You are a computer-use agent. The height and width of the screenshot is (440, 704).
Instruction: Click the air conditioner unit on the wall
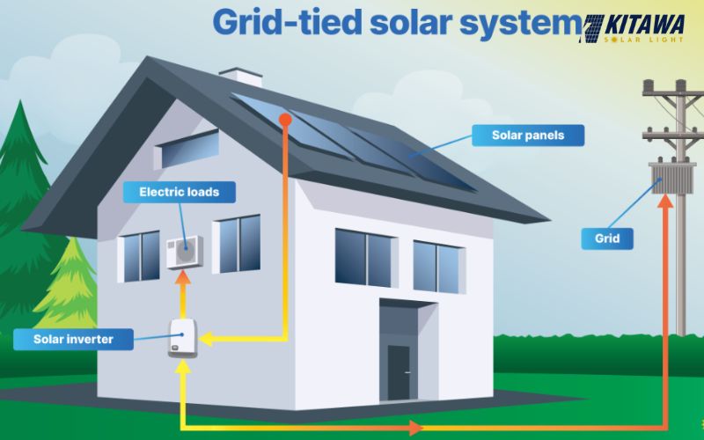[185, 252]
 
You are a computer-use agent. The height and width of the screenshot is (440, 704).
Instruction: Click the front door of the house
[399, 370]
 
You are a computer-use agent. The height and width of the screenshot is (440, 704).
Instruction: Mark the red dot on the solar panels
[284, 118]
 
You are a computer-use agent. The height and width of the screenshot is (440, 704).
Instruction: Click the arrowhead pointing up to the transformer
[666, 202]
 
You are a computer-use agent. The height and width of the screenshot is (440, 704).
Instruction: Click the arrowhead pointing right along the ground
[415, 429]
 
